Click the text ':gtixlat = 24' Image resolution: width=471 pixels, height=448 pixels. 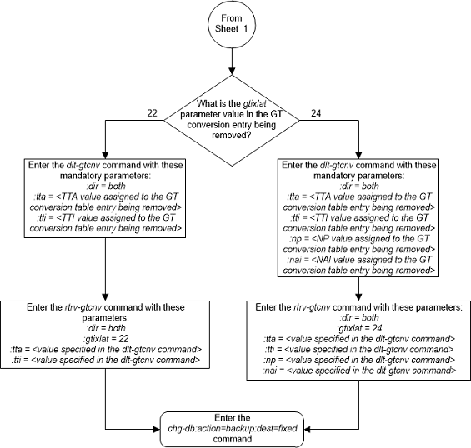pyautogui.click(x=358, y=327)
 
